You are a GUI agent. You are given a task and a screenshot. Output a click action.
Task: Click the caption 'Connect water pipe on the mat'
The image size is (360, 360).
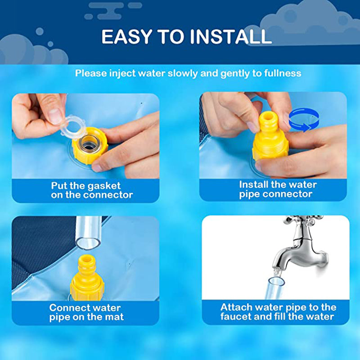[85, 312]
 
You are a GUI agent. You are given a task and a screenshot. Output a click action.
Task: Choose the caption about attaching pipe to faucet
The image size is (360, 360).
[278, 312]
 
